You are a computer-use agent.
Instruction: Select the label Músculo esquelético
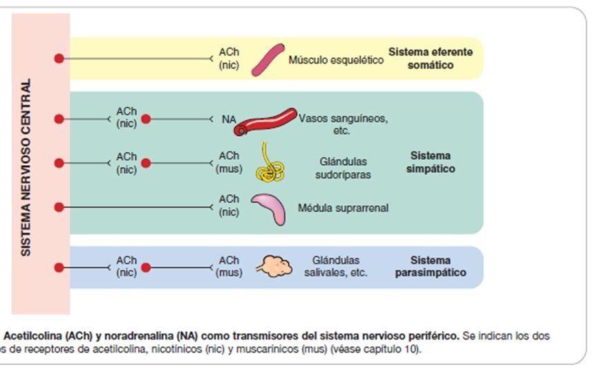336,60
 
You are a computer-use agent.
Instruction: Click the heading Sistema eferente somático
431,59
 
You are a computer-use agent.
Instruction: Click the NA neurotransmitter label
229,119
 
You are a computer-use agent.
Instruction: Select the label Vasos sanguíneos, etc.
343,124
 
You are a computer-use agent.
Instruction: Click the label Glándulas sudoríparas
343,168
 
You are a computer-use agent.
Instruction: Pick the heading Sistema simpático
430,162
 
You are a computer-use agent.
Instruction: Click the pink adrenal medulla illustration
267,208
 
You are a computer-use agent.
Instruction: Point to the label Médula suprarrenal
343,207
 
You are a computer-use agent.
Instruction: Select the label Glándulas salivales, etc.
336,267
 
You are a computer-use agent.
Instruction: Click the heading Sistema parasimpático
430,267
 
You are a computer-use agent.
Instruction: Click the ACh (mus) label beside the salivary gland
229,267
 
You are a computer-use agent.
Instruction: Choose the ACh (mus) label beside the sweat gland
229,162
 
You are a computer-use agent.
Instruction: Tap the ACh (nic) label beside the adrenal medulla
229,206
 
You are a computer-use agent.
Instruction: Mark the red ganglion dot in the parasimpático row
146,267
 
